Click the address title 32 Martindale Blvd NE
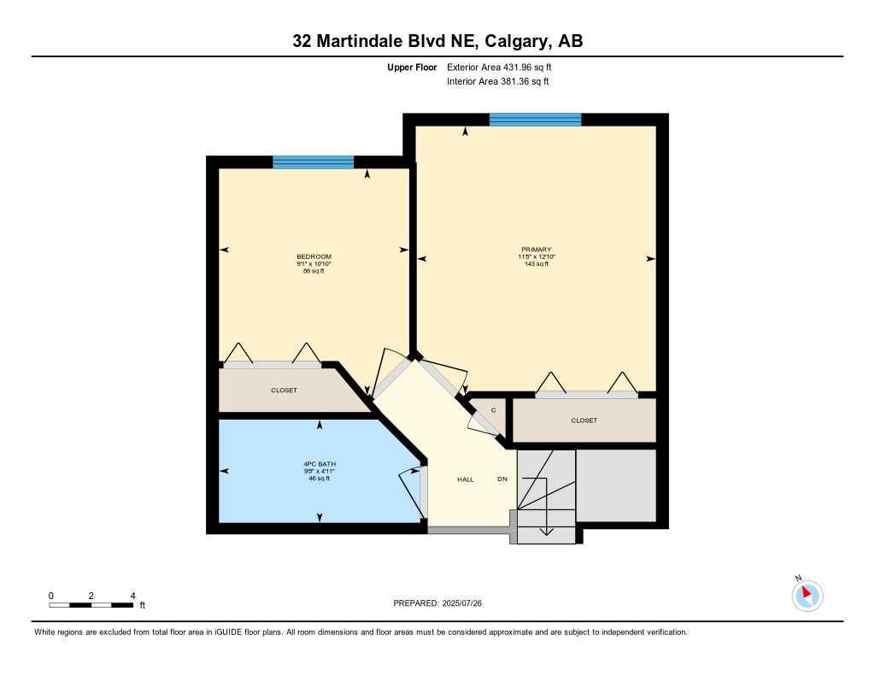(x=437, y=41)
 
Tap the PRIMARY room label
(x=536, y=250)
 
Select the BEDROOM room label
(x=314, y=256)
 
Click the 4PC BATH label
(x=314, y=464)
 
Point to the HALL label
(x=465, y=479)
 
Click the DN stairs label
(x=502, y=479)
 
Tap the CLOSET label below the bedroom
(x=284, y=391)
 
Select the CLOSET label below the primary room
(x=584, y=420)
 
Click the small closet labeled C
(x=493, y=410)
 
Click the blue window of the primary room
(x=535, y=120)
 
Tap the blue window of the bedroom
(x=313, y=162)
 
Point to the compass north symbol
(x=807, y=595)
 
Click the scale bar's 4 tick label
(x=132, y=595)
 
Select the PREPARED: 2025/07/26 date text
(x=443, y=603)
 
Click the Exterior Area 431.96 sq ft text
(x=505, y=67)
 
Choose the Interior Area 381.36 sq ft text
(x=497, y=82)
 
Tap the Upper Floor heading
(x=412, y=67)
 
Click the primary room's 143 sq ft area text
(x=536, y=264)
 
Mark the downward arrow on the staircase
(x=548, y=530)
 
